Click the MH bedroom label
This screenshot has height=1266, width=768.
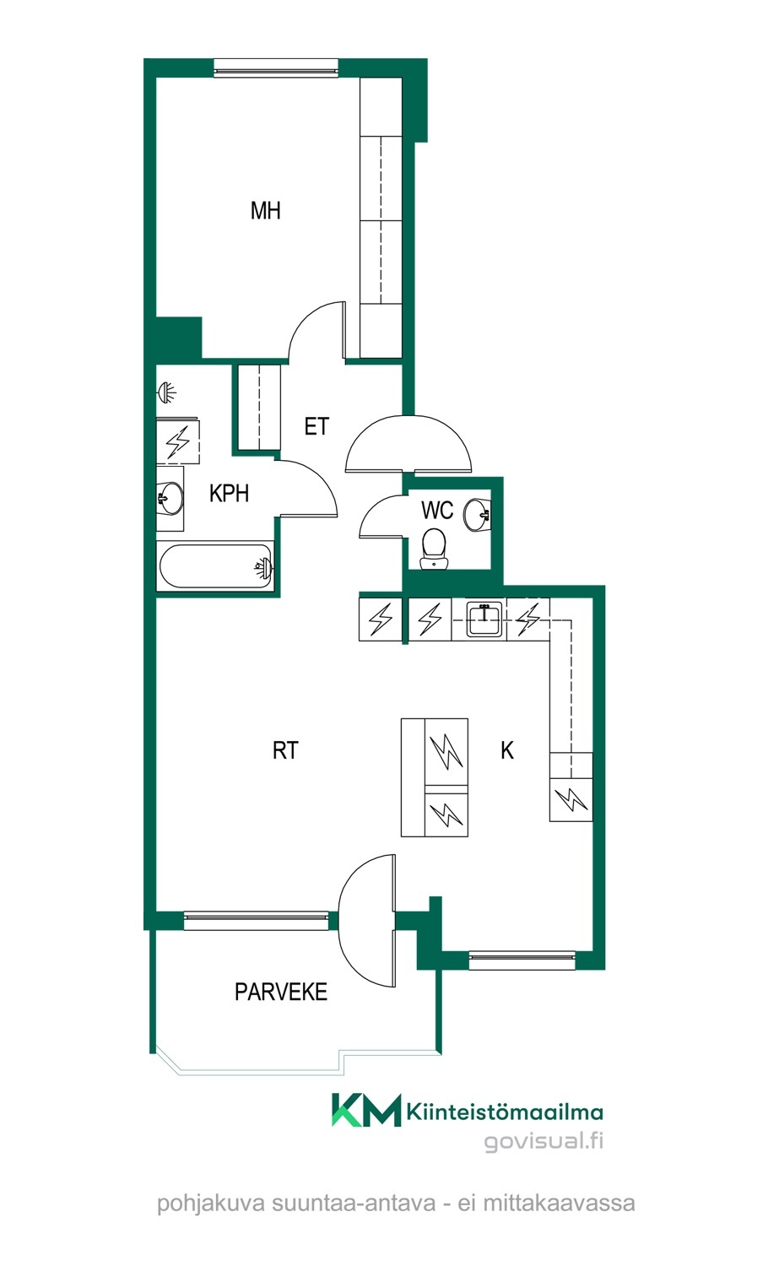pyautogui.click(x=265, y=211)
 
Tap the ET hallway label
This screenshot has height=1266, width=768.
pyautogui.click(x=316, y=427)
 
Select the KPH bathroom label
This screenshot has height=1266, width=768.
pyautogui.click(x=229, y=494)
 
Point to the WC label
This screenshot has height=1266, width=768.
pyautogui.click(x=437, y=511)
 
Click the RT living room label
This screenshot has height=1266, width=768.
pyautogui.click(x=284, y=750)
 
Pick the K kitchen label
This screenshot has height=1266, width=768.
pyautogui.click(x=507, y=750)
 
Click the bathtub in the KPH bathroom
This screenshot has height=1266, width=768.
pyautogui.click(x=216, y=566)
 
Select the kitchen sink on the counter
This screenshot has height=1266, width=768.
pyautogui.click(x=484, y=619)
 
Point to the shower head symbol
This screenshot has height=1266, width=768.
pyautogui.click(x=166, y=392)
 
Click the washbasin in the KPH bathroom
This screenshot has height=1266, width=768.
pyautogui.click(x=170, y=498)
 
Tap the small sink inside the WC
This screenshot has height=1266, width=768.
pyautogui.click(x=477, y=515)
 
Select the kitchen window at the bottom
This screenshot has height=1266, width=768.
pyautogui.click(x=522, y=961)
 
